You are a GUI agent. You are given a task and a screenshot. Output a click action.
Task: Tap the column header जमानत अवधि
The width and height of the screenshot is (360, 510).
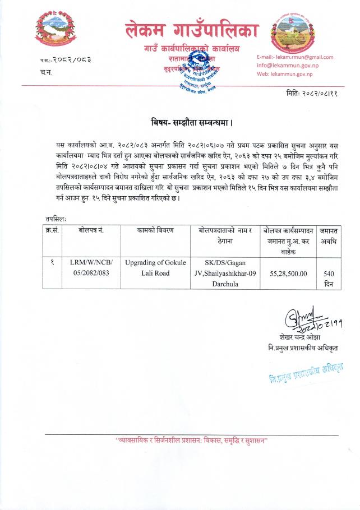pos(329,235)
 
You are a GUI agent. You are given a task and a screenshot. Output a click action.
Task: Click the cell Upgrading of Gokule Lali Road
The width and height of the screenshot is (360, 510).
pos(155,267)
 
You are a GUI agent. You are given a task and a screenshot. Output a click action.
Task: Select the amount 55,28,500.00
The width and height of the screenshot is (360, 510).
pos(288,273)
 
